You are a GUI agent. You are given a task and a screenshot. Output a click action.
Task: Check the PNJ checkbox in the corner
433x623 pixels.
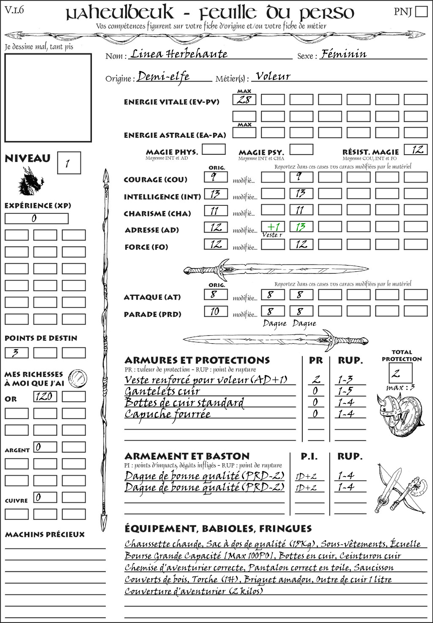(421, 11)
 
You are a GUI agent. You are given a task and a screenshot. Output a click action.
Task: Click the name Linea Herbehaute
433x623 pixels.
(178, 54)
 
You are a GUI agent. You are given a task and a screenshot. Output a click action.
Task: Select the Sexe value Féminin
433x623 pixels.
(343, 54)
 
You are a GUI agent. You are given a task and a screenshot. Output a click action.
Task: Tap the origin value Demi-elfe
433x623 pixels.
(163, 77)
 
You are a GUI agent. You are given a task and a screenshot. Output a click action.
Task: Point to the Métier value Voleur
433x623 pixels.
(273, 77)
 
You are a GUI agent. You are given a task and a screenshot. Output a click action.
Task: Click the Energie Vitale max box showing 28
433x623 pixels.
(244, 100)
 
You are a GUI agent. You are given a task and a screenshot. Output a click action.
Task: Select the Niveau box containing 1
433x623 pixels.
(69, 163)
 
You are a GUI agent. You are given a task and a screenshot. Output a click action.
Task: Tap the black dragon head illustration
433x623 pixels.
(30, 182)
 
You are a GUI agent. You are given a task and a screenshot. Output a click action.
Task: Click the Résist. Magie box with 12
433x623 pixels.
(416, 150)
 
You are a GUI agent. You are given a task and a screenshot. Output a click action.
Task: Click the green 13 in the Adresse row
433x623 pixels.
(301, 227)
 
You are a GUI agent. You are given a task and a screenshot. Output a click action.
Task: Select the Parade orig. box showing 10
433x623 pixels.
(216, 311)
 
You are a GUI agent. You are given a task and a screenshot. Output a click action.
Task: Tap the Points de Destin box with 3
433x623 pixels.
(16, 352)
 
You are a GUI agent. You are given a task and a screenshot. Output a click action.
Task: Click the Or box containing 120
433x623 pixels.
(45, 396)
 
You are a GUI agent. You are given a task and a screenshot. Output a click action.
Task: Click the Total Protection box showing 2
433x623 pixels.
(400, 373)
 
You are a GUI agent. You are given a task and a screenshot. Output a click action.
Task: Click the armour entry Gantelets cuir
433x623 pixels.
(162, 391)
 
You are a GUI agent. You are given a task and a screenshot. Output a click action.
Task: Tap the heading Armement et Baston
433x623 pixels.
(187, 456)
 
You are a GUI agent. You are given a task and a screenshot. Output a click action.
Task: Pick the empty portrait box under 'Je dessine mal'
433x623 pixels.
(48, 98)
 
